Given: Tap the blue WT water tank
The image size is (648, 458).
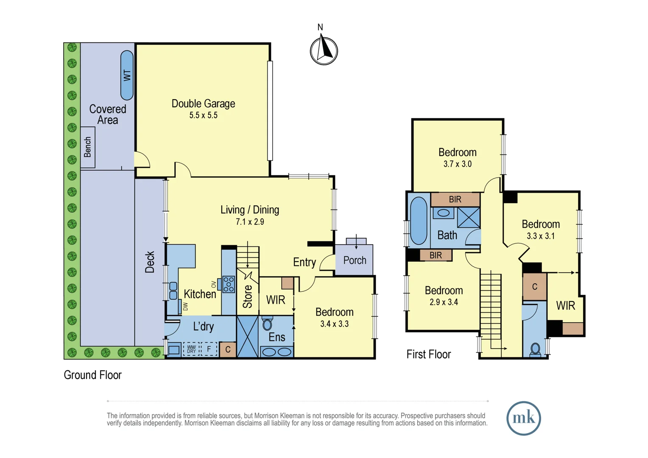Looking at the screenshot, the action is tap(127, 75).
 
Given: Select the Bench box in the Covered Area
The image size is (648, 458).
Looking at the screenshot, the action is tap(88, 147).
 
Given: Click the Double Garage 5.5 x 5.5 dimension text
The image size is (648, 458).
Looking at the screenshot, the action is tap(204, 115).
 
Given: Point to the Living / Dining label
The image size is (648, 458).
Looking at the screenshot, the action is tap(250, 209).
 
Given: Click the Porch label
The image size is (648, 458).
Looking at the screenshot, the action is tap(355, 260).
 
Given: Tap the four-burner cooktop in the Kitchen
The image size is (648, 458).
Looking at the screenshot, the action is tap(229, 284).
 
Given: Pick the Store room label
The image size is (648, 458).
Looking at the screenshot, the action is tap(247, 296).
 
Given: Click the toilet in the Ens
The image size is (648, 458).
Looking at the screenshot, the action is tap(267, 324).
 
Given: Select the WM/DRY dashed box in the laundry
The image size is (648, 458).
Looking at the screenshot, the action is tap(191, 349).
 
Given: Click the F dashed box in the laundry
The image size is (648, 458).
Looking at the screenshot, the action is tap(209, 349).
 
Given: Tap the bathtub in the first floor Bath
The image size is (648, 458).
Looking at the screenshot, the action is tap(419, 221).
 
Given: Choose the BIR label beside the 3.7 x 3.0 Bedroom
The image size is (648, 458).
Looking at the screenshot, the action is tap(455, 199).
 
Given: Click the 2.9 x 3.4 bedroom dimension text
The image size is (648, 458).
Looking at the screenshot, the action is tap(444, 302).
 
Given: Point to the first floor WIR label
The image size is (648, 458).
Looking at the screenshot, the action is tap(566, 305).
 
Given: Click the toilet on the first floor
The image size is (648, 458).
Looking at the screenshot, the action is tap(535, 349).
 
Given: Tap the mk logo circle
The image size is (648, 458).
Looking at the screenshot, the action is tap(524, 418).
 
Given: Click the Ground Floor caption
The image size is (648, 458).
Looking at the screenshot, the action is tap(92, 375).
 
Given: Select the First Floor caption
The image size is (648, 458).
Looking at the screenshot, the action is tap(429, 354).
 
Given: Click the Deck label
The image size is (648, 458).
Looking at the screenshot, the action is tap(150, 262).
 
